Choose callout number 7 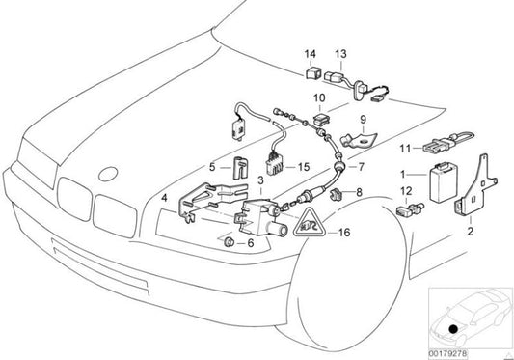pyautogui.click(x=362, y=167)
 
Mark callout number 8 pyautogui.click(x=359, y=193)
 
